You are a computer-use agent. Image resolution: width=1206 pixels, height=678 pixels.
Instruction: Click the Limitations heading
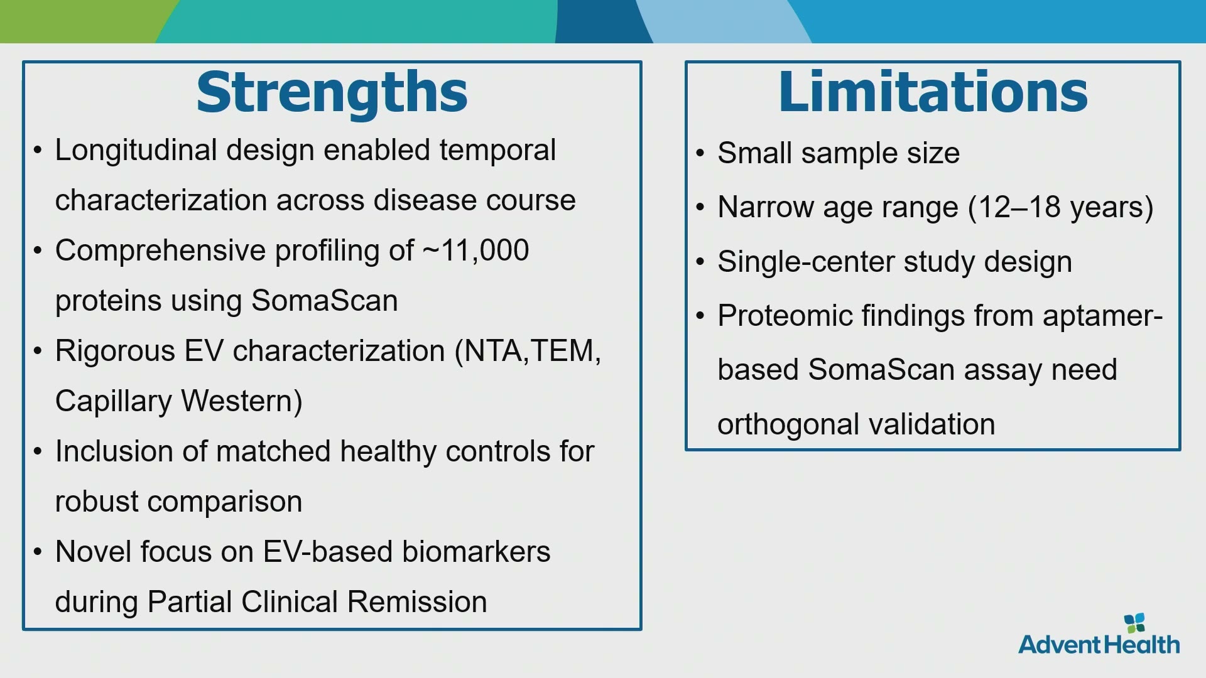[933, 92]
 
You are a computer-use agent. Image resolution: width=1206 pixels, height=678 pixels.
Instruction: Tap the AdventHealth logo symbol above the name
[1134, 623]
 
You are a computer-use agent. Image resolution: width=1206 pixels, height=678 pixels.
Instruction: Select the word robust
[96, 502]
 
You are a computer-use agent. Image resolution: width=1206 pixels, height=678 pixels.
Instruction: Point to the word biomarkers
[476, 552]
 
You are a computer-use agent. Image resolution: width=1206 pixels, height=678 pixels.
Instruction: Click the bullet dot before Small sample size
[701, 154]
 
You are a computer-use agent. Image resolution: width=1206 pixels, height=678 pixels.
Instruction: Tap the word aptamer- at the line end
[1102, 316]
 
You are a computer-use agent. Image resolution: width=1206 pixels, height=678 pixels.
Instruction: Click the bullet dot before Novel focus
[38, 552]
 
